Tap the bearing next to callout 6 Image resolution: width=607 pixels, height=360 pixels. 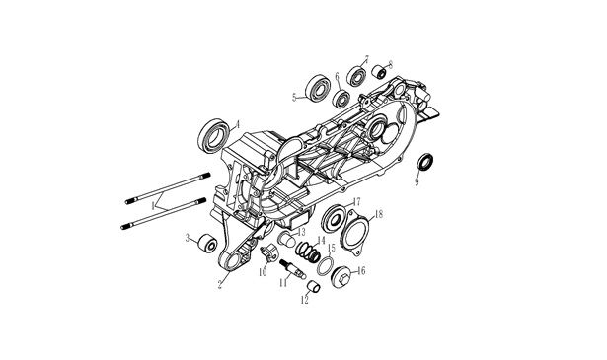(341, 99)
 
